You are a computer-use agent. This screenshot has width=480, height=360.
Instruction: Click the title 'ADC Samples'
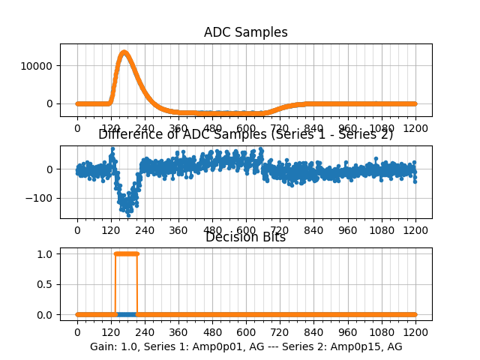245,32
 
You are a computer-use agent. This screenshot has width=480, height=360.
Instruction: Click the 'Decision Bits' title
245,237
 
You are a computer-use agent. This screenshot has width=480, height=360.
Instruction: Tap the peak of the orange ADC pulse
124,52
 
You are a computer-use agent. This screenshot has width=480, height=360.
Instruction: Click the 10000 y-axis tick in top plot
38,66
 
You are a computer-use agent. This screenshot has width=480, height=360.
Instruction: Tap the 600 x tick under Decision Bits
246,332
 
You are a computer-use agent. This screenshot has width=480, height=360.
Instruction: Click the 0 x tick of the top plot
77,128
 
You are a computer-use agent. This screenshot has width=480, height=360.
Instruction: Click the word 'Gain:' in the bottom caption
103,346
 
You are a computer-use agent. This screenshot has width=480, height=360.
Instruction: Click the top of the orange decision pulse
126,253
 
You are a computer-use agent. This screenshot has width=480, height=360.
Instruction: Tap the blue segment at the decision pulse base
126,314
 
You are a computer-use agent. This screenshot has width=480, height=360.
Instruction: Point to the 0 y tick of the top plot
52,103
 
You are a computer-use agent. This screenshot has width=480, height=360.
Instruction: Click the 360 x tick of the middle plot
178,230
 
